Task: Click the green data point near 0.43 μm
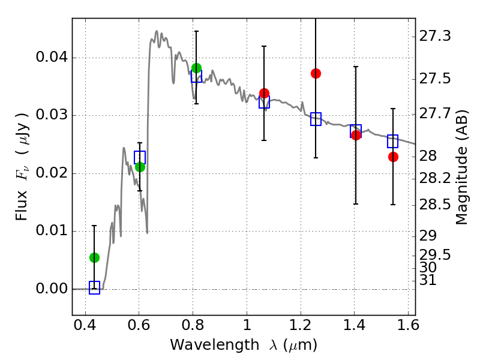(x=94, y=258)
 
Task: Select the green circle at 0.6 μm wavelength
(x=140, y=167)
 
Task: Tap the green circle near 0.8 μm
(x=197, y=68)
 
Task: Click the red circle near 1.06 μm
(x=264, y=93)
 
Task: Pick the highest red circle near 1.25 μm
(x=316, y=73)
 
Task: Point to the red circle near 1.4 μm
(x=356, y=135)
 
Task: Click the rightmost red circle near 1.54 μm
(x=393, y=157)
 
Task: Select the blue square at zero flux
(x=94, y=287)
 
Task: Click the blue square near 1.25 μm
(x=316, y=119)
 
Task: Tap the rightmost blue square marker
(x=392, y=141)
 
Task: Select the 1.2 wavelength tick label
(x=301, y=325)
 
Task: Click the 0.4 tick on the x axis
(x=85, y=325)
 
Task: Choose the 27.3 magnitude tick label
(x=434, y=36)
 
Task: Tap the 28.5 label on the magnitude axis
(x=434, y=205)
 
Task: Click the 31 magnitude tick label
(x=428, y=280)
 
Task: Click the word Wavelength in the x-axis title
(x=215, y=345)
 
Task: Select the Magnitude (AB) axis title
(x=461, y=167)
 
